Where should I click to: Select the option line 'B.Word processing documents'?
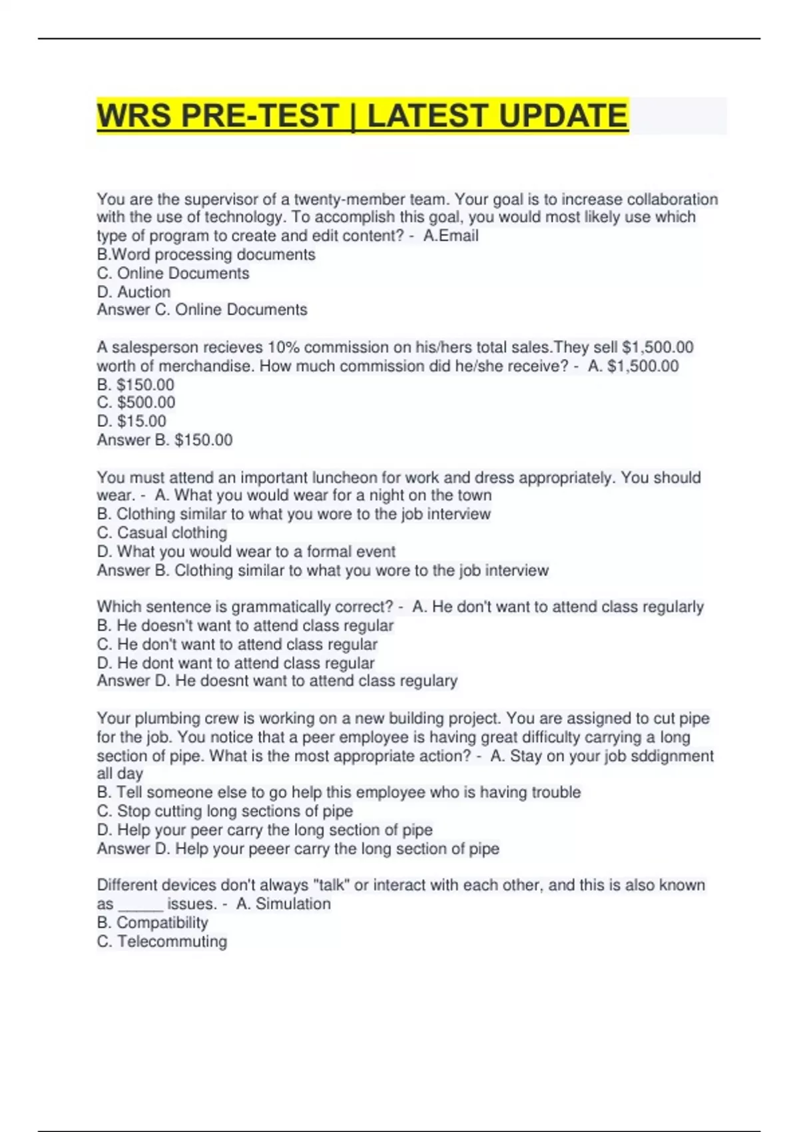pyautogui.click(x=206, y=254)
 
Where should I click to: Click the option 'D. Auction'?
pyautogui.click(x=134, y=292)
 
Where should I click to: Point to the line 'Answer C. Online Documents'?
pyautogui.click(x=202, y=310)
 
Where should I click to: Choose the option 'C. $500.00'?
pyautogui.click(x=136, y=402)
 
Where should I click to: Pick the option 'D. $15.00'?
pyautogui.click(x=131, y=421)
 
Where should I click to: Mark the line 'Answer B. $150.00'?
pyautogui.click(x=164, y=440)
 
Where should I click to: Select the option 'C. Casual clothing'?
pyautogui.click(x=162, y=533)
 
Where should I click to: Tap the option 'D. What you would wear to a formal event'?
pyautogui.click(x=246, y=551)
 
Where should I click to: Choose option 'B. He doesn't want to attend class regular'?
pyautogui.click(x=245, y=625)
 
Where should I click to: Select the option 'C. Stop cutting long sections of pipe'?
pyautogui.click(x=224, y=811)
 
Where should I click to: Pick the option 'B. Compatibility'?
pyautogui.click(x=152, y=922)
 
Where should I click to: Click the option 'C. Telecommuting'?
pyautogui.click(x=162, y=941)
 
